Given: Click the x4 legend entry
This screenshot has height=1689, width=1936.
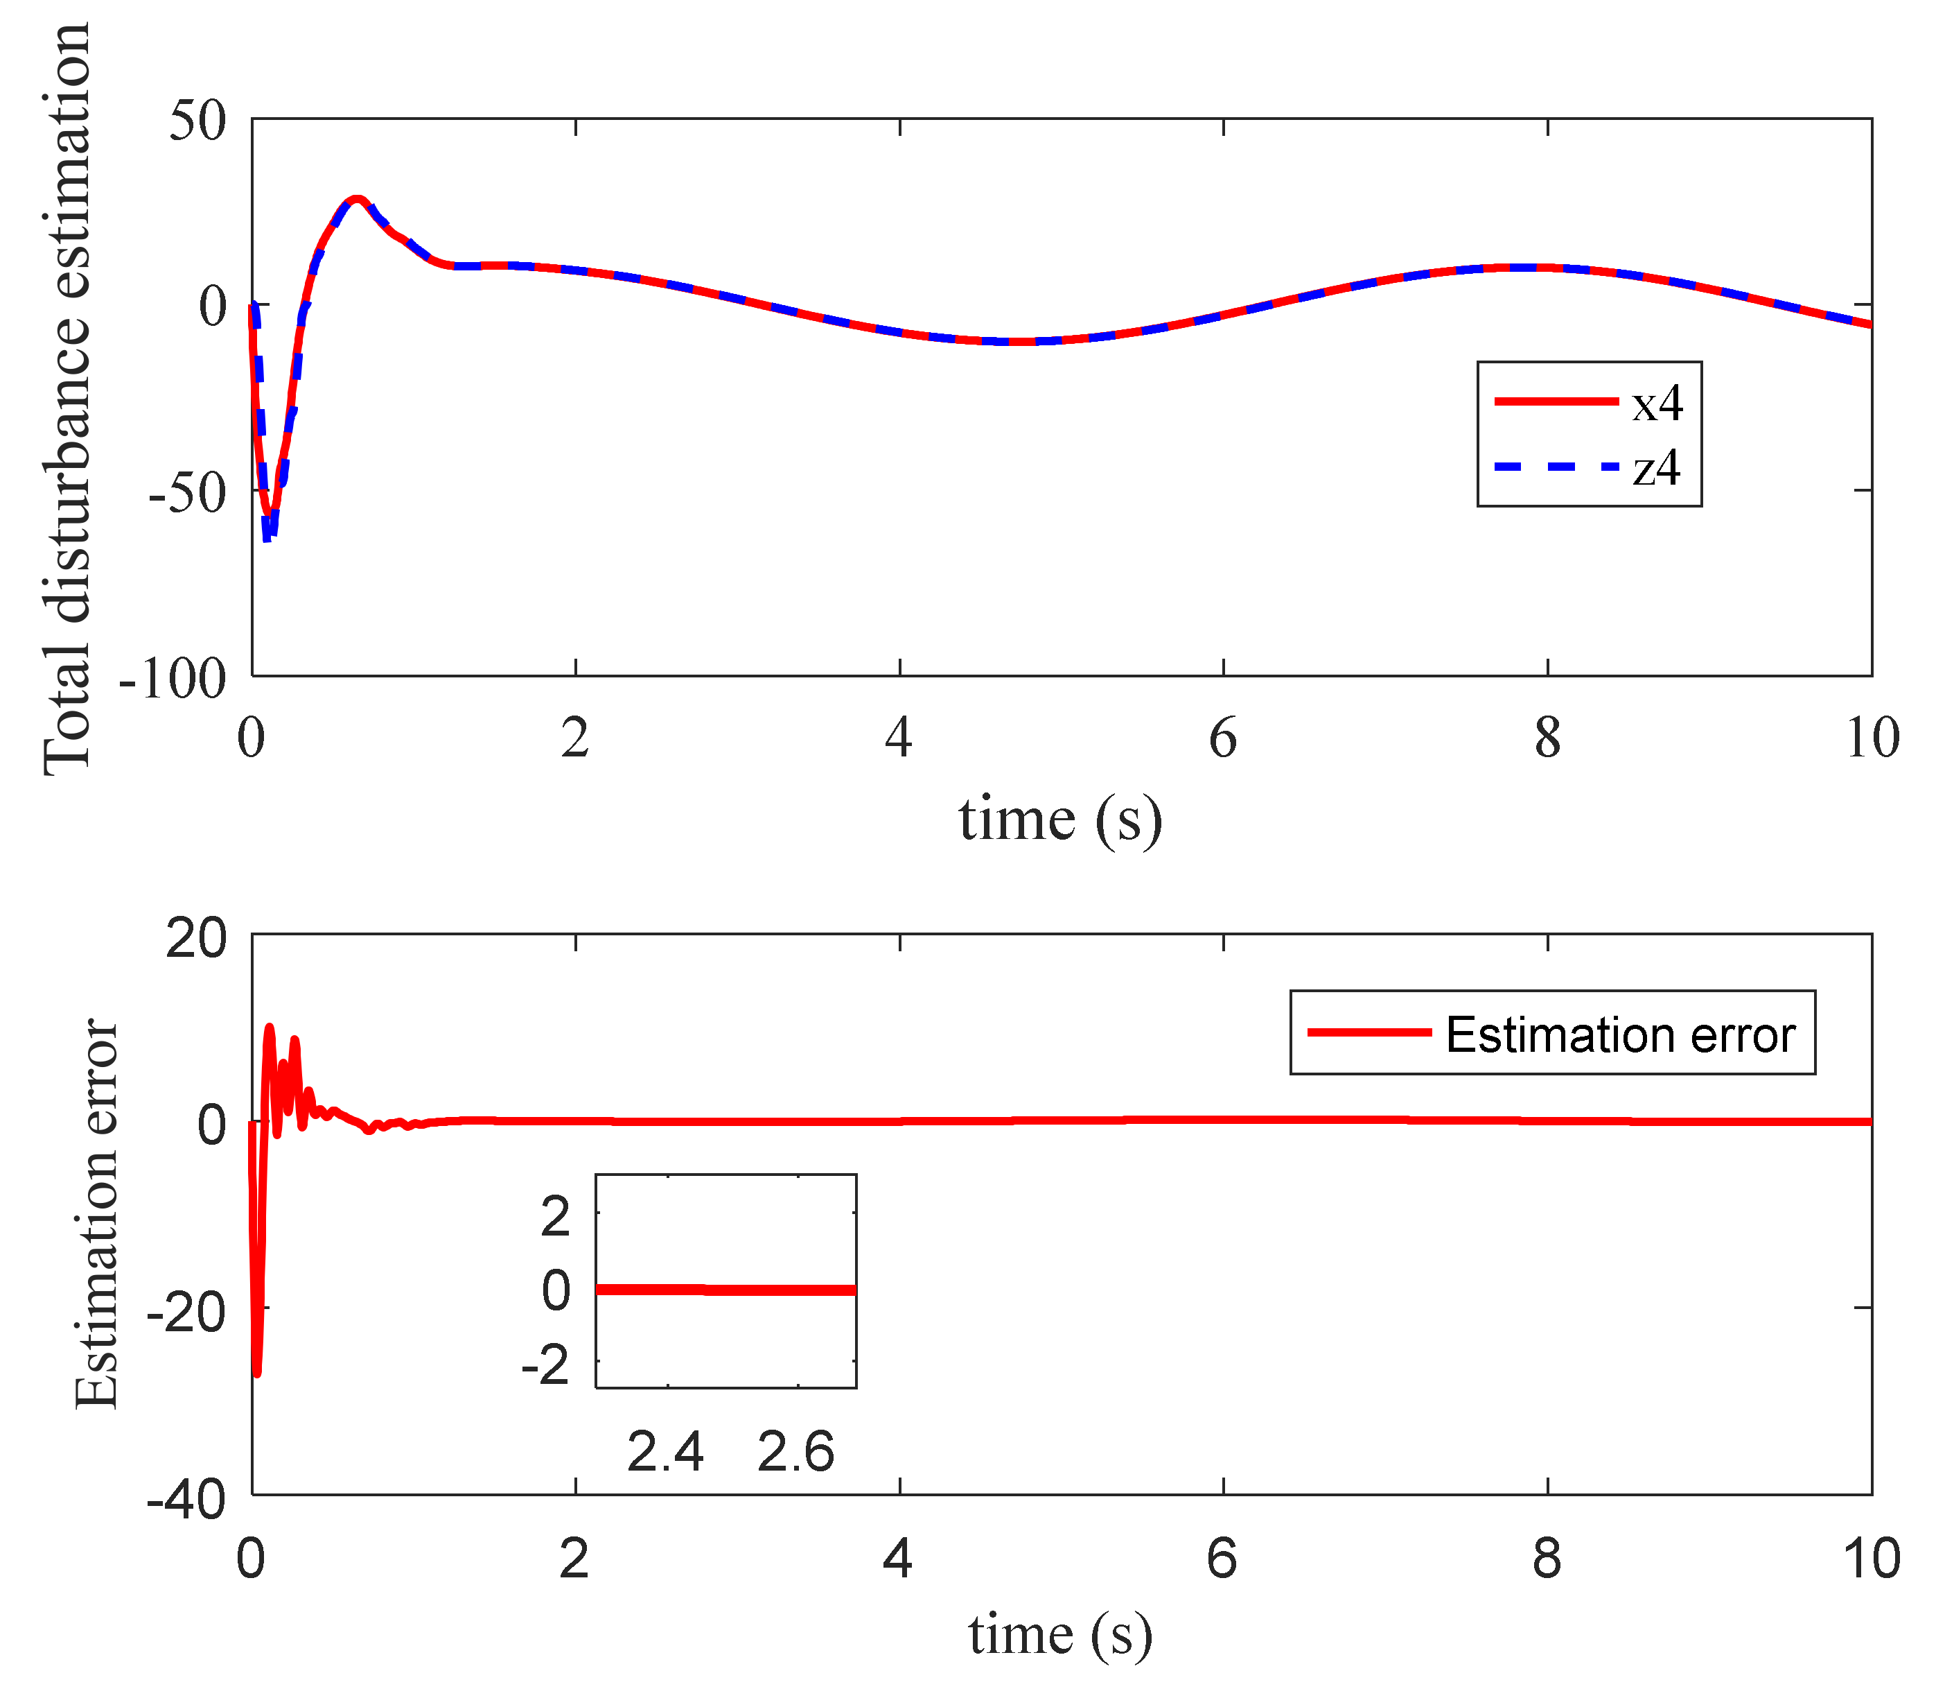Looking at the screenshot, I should pyautogui.click(x=1656, y=404).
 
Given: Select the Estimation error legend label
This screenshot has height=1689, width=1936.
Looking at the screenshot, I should pyautogui.click(x=1619, y=1035).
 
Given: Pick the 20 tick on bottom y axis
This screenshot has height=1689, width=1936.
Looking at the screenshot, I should pyautogui.click(x=196, y=939).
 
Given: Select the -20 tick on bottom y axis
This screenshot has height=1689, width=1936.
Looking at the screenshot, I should pyautogui.click(x=186, y=1311).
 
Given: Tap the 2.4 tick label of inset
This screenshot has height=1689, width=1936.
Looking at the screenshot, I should pyautogui.click(x=665, y=1451).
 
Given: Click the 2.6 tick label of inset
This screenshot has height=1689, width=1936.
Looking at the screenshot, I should pyautogui.click(x=796, y=1451).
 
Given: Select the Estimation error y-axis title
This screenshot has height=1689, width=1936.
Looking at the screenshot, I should pyautogui.click(x=96, y=1214).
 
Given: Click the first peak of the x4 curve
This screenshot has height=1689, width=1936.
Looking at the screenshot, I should pyautogui.click(x=356, y=199).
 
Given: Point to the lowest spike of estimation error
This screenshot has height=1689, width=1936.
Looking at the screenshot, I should pyautogui.click(x=257, y=1374).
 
